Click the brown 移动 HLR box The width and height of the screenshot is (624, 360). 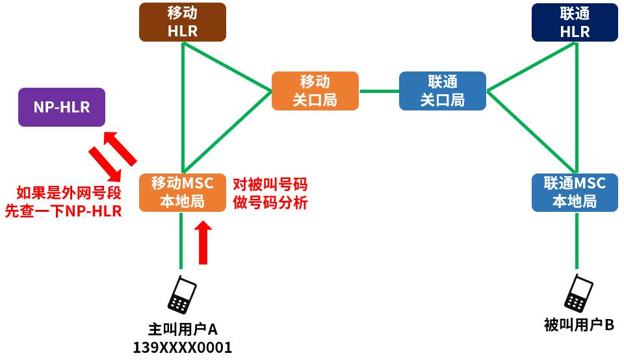pos(183,22)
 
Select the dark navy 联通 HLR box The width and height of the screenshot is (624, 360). pos(575,22)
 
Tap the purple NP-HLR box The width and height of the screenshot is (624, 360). pos(62,107)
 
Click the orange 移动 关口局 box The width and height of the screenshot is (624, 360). pos(315,91)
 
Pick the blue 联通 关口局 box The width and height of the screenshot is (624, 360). pos(443,91)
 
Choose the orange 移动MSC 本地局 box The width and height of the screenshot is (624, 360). pos(183,192)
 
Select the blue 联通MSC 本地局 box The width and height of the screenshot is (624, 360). pos(575,192)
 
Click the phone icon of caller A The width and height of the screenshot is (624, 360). pos(182,295)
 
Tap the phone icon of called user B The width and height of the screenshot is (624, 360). pos(578,293)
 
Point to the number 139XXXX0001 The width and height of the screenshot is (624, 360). pos(183,347)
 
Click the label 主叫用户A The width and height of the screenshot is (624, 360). pos(183,329)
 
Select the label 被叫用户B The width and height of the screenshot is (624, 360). pos(579,324)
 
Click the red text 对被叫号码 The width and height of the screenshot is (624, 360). pos(270,184)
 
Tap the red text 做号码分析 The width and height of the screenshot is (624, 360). pos(270,202)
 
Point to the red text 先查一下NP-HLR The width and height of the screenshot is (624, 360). pos(63,211)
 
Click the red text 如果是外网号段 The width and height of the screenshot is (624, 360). pos(68,192)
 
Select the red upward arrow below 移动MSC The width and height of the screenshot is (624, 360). pos(203,243)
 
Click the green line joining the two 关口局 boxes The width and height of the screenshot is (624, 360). pos(379,91)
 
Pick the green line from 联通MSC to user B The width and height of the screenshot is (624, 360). pos(577,240)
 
